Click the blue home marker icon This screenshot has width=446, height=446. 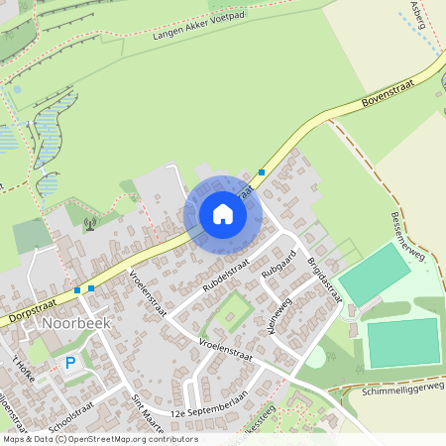222,214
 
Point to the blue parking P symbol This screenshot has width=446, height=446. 70,363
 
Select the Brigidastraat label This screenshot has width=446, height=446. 324,281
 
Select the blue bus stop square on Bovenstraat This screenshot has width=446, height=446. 262,172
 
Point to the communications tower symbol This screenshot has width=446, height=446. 90,222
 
